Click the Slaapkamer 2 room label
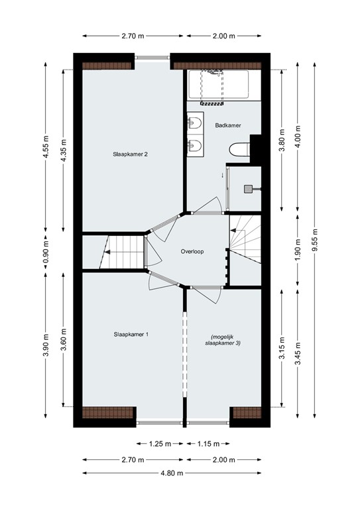click(129, 154)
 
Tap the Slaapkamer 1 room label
click(130, 335)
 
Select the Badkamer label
click(227, 125)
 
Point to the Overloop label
click(193, 252)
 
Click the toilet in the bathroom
click(237, 148)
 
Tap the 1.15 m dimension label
click(208, 443)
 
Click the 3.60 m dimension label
click(64, 339)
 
